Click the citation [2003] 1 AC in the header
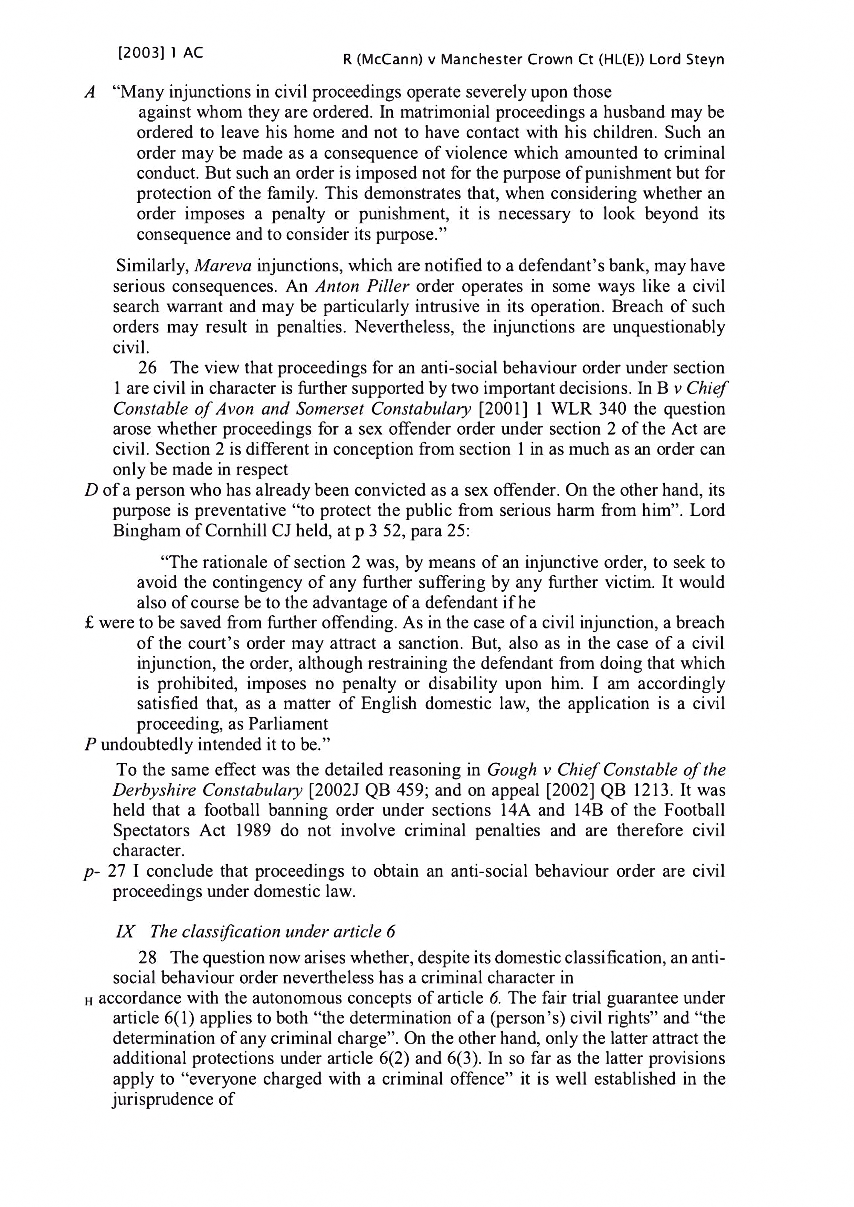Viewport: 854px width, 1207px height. pos(160,53)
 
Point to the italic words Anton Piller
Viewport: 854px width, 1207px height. pos(362,287)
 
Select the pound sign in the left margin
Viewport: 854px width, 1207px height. pos(89,623)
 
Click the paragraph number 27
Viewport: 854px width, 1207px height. pos(117,872)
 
